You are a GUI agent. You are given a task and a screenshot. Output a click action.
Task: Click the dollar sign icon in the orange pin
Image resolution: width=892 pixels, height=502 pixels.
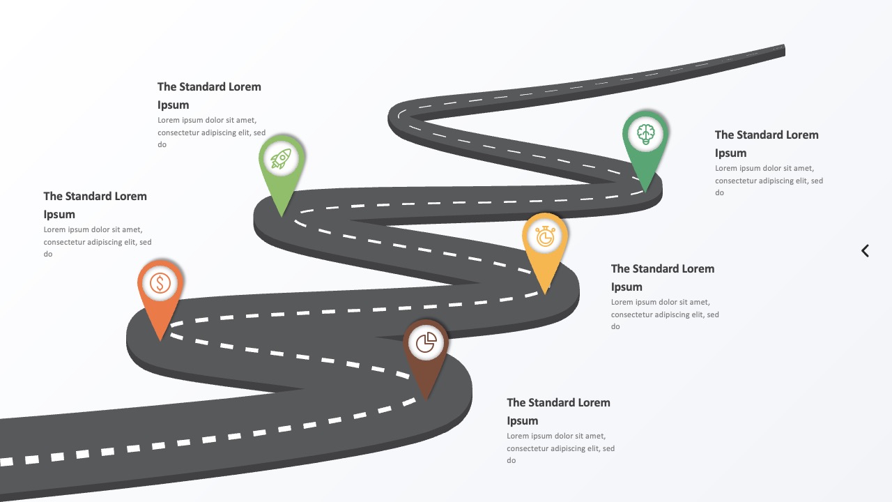[160, 283]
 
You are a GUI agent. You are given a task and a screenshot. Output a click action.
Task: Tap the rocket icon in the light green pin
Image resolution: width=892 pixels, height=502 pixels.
[281, 158]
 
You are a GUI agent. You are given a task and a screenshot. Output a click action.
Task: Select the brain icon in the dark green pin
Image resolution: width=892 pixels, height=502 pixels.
[645, 134]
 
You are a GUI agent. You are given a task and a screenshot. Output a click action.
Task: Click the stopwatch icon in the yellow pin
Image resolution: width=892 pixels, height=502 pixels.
[545, 236]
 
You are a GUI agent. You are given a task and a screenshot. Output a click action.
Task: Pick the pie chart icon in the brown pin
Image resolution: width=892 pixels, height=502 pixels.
[426, 342]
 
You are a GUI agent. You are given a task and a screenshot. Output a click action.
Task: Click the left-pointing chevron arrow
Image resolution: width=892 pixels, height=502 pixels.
[865, 250]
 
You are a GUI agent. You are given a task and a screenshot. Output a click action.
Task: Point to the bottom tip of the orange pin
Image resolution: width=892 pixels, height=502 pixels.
[160, 341]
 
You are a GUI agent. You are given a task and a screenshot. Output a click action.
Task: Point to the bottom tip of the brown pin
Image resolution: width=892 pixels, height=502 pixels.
[426, 400]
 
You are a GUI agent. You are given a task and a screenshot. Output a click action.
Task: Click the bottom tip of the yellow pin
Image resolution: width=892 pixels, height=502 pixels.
[545, 294]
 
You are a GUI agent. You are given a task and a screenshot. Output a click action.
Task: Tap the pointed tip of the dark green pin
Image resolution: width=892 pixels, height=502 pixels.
[645, 192]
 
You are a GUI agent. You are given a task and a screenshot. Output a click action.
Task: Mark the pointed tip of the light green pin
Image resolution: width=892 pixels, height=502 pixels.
[282, 216]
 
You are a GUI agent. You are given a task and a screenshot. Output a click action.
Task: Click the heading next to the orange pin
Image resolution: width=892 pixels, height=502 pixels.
[95, 205]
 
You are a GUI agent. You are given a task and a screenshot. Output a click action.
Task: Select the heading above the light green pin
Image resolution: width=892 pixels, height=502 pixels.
[209, 96]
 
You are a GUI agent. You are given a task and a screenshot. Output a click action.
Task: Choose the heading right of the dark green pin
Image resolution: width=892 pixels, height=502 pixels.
[767, 144]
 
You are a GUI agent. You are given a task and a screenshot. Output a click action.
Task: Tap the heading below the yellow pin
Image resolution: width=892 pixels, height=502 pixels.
[663, 277]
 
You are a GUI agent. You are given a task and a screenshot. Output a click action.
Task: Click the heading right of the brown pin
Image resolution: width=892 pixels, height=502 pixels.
[558, 411]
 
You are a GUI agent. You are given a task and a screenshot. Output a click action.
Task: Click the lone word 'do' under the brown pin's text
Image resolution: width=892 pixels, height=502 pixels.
[512, 460]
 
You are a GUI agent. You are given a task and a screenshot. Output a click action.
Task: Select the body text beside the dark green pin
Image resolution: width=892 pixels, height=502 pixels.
[769, 181]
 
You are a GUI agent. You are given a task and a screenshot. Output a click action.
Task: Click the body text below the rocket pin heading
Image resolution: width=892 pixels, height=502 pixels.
[211, 132]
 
